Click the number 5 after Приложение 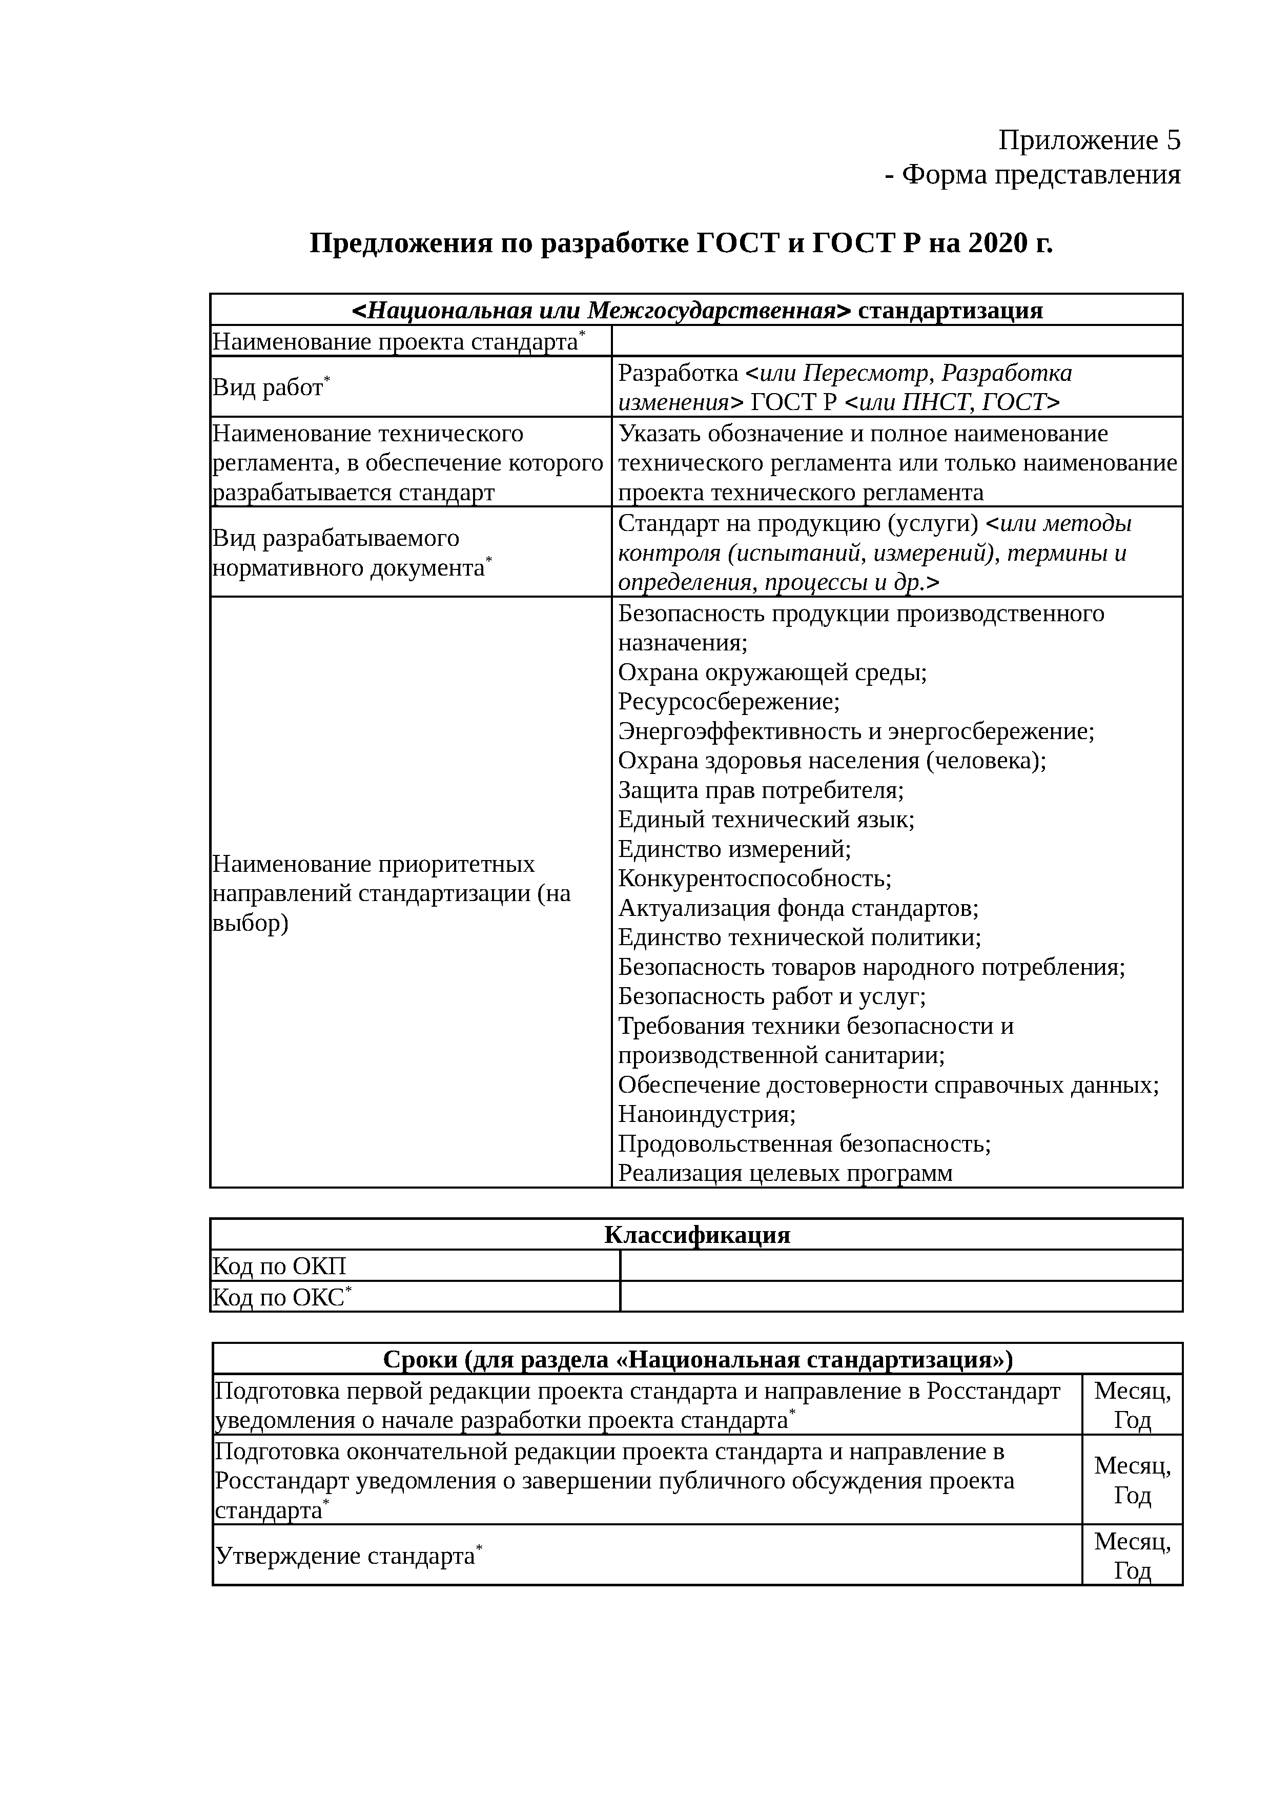pos(1172,141)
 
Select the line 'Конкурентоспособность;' pos(754,878)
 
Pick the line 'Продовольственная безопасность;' pos(804,1144)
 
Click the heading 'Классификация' pos(697,1235)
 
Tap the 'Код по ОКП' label pos(279,1266)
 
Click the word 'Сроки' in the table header pos(419,1359)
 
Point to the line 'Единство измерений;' pos(734,849)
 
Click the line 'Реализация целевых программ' pos(785,1173)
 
